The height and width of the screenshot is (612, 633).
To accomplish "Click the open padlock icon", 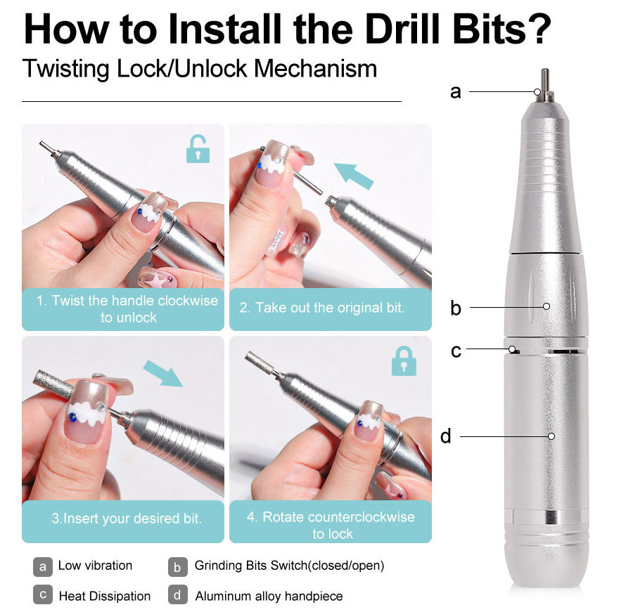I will coord(198,149).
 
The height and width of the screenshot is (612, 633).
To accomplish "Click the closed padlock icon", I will coord(404,360).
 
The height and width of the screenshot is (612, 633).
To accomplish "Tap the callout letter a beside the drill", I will coord(456,91).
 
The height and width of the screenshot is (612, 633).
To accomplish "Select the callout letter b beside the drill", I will coord(456,308).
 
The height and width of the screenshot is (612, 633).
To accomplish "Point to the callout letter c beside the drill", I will coord(456,350).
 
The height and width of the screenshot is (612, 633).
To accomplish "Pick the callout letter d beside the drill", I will coord(446,436).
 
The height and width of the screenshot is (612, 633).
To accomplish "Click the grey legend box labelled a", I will coord(43,566).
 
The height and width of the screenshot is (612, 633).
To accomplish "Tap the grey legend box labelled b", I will coord(178,566).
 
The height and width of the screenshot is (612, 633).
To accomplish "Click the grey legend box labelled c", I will coord(43,594).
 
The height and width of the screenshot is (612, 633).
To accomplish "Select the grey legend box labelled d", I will coord(178,595).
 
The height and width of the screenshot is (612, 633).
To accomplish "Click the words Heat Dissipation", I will coord(104,596).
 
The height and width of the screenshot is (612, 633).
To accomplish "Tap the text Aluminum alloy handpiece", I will coord(269,596).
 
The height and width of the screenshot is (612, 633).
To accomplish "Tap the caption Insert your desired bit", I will coord(127,519).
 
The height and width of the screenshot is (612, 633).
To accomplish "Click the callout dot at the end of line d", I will coord(551,436).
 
